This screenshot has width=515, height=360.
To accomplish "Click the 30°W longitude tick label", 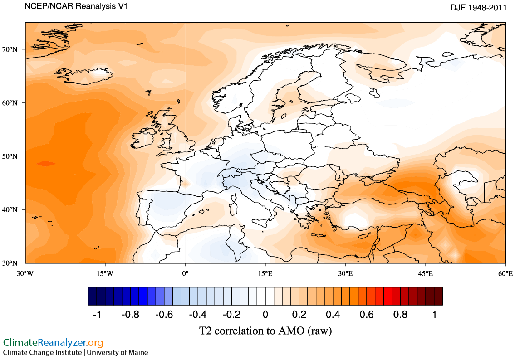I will click(x=25, y=273).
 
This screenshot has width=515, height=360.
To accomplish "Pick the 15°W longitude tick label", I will click(x=105, y=273).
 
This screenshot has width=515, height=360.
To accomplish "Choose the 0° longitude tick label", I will click(x=185, y=273).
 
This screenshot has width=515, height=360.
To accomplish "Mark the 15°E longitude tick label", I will click(x=265, y=273).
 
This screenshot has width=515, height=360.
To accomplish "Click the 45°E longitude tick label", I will click(x=425, y=273).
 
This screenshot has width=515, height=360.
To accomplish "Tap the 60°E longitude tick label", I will click(x=505, y=273).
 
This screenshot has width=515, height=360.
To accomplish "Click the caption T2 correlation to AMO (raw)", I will click(x=265, y=331).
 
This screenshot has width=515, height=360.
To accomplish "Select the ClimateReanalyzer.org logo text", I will click(x=53, y=342).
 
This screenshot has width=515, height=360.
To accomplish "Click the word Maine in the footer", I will click(x=138, y=352).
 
